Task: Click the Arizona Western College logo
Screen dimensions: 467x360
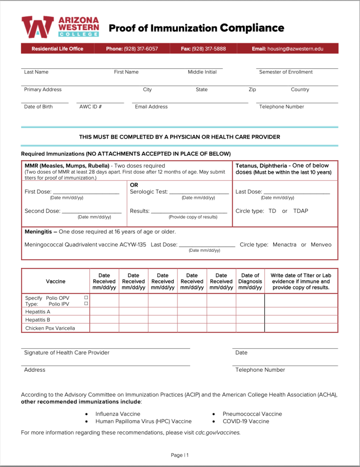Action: (60, 27)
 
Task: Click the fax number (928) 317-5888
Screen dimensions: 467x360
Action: (209, 49)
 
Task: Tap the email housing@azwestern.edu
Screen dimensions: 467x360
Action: (295, 49)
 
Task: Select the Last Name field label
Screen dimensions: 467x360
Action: (36, 72)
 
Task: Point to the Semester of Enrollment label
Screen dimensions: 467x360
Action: (286, 72)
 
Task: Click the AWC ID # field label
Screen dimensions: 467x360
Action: (90, 107)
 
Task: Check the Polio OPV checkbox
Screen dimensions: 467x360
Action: (86, 298)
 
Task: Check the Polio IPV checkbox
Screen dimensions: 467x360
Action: (86, 304)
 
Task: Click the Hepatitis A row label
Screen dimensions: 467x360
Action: (38, 312)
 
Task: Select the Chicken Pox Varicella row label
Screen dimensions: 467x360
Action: (50, 328)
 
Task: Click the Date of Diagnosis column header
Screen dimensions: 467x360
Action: (250, 281)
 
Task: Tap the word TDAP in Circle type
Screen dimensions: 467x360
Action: (301, 211)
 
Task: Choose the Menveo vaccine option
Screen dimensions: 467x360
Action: (321, 245)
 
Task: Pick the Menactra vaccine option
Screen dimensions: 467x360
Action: (284, 245)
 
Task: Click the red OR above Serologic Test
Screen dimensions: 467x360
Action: (134, 185)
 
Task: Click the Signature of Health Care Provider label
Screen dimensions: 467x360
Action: (67, 353)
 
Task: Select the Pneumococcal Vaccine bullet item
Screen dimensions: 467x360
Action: (252, 414)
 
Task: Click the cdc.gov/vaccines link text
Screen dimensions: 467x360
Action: (217, 432)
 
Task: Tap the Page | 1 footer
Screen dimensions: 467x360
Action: (180, 455)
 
